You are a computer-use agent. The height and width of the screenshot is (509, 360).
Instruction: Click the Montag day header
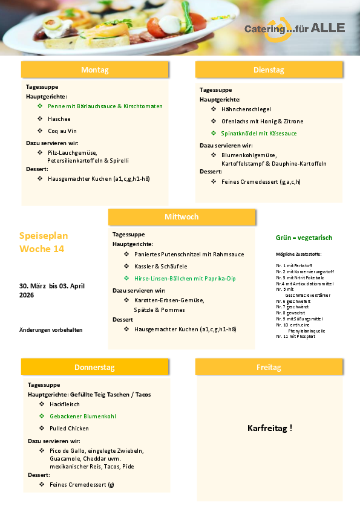94,70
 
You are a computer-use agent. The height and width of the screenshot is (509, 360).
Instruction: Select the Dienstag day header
269,70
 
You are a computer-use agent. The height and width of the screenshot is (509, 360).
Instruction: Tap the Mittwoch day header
182,217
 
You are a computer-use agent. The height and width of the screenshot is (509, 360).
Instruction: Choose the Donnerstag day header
94,367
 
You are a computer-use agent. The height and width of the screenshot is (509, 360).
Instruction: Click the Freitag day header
269,367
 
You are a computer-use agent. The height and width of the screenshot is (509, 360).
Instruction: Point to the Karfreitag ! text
270,428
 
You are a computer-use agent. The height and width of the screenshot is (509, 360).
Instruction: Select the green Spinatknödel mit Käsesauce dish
259,133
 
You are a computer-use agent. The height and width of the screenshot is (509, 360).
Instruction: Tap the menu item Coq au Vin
62,131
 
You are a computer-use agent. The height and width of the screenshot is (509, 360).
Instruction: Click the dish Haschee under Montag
59,118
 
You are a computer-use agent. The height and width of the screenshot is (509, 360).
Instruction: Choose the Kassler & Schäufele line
161,267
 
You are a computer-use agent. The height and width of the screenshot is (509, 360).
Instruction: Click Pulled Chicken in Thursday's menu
70,428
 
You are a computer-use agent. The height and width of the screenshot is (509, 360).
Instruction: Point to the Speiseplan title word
44,236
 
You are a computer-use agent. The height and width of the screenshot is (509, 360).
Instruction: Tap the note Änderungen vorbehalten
51,329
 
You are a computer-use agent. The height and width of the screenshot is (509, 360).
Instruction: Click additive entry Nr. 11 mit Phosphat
295,336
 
